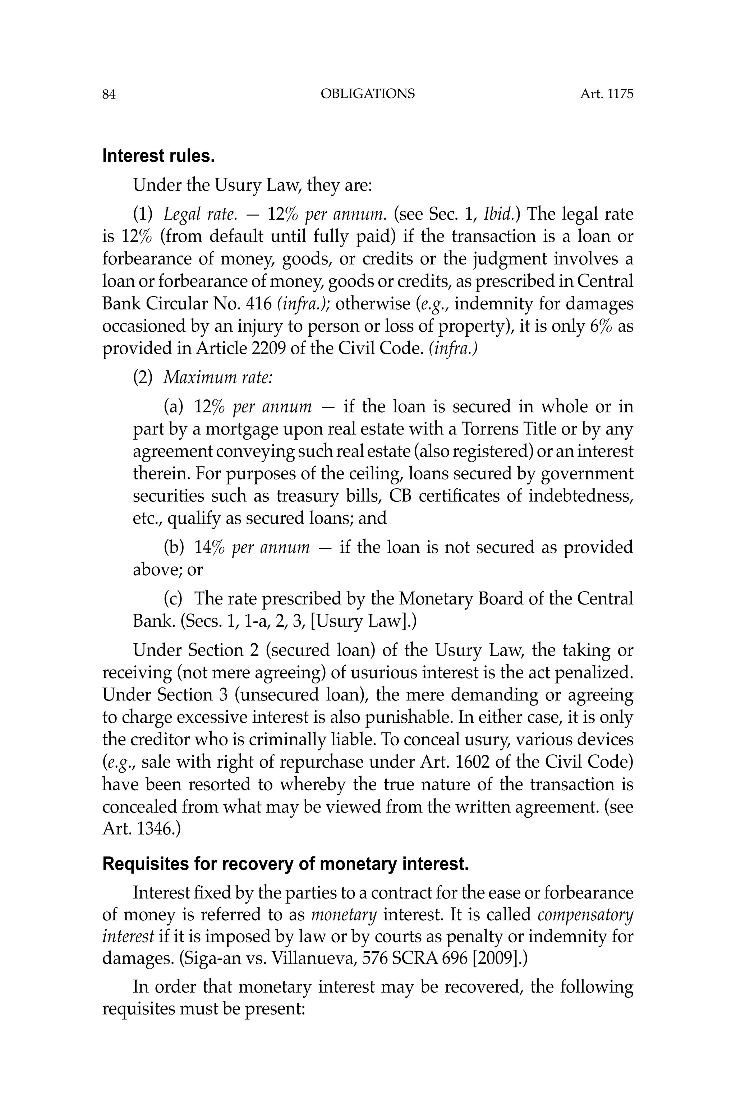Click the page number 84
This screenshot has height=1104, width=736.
(x=109, y=95)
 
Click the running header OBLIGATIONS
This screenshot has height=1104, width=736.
(x=368, y=94)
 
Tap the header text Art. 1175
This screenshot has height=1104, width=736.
(x=607, y=94)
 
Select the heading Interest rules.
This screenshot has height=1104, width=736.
(x=158, y=156)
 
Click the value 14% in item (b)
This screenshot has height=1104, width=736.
(x=210, y=548)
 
